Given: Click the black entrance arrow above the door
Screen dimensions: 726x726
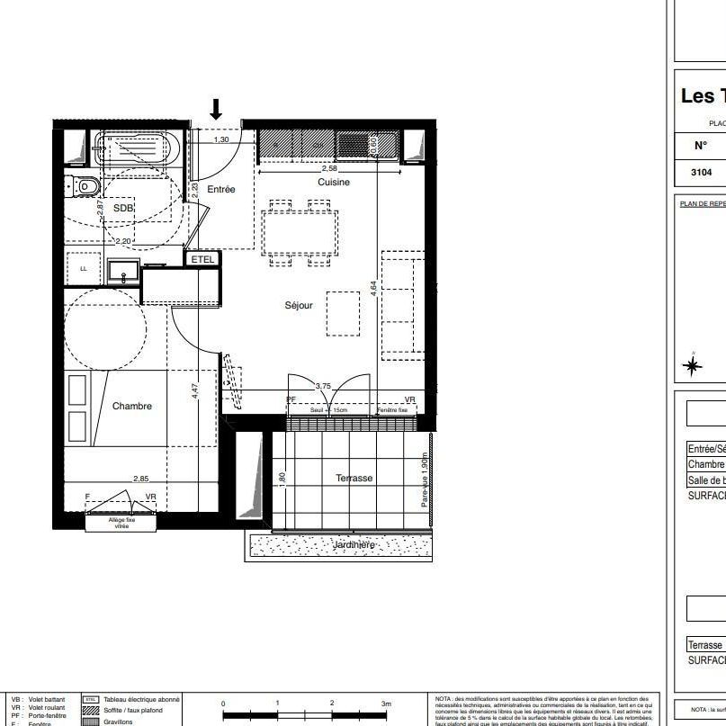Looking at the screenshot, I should [216, 109].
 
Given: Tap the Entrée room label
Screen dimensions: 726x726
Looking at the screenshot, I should [221, 190].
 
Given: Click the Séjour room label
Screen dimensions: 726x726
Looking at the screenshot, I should [299, 306].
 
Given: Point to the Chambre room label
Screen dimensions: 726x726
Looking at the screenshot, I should [132, 407].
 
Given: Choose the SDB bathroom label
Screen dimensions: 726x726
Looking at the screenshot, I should [123, 209].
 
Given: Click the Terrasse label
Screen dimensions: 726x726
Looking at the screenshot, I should [354, 479].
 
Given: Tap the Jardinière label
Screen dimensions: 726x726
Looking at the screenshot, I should [354, 545].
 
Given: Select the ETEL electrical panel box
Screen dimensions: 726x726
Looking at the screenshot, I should [202, 259].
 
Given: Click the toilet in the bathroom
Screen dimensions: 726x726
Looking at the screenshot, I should [86, 186].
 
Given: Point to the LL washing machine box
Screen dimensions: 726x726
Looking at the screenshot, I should [84, 268].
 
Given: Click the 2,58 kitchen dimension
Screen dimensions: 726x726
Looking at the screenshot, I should [330, 168].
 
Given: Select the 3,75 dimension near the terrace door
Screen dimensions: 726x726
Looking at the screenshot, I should [323, 386].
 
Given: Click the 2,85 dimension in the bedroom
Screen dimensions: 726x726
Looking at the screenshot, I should [141, 480].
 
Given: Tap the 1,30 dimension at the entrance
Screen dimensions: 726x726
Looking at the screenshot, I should [221, 139].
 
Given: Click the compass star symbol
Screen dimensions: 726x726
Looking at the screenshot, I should [693, 365].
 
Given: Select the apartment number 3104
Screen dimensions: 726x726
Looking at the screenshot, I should [701, 172].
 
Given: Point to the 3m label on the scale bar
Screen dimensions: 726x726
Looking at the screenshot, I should [386, 704].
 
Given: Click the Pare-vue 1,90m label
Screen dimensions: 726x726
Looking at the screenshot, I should [425, 481].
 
